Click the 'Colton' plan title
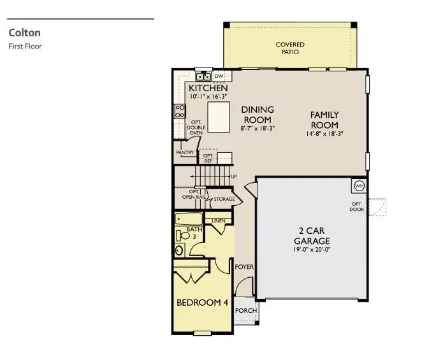[24, 32]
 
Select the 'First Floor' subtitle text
[25, 46]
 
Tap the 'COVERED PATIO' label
[290, 48]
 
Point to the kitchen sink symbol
[203, 76]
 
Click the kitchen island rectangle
[219, 117]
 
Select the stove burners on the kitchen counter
[180, 112]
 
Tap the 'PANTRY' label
[185, 153]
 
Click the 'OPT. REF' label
[208, 157]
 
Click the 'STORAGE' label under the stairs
[224, 199]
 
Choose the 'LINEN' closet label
[219, 221]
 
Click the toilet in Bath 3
[185, 235]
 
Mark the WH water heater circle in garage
[358, 185]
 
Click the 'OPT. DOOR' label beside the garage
[356, 207]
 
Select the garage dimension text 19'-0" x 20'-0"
[312, 250]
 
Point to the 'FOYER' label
[244, 266]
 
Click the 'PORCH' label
[246, 311]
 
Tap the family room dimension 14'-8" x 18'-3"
[324, 134]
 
